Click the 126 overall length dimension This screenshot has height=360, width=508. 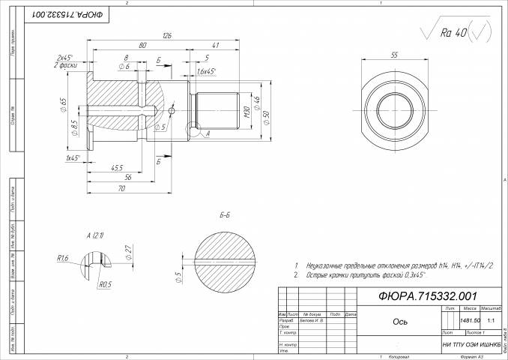point(166,36)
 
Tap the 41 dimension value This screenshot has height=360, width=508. point(215,46)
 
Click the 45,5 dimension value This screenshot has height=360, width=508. point(117,167)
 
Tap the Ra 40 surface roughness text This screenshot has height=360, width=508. point(455,33)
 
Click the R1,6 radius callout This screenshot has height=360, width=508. point(63,257)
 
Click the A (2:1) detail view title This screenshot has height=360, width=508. point(95,235)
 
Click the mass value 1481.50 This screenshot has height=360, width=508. point(450,320)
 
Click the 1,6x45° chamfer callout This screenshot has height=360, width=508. point(205,71)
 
